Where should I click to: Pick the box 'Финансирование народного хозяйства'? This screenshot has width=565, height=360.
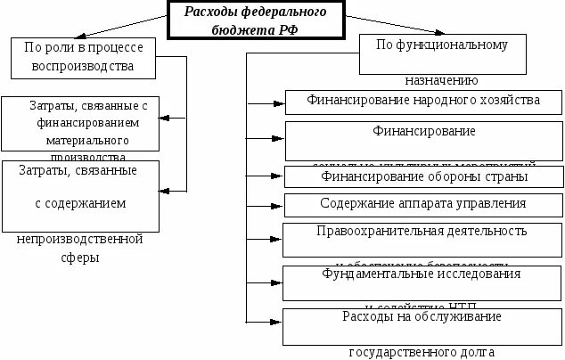click(423, 102)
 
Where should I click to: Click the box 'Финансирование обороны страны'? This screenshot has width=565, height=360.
click(423, 176)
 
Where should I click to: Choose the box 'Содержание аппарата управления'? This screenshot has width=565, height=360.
click(423, 204)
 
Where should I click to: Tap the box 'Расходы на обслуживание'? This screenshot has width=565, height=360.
click(422, 317)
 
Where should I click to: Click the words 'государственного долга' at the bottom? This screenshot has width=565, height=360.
click(422, 351)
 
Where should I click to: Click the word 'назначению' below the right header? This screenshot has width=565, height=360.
click(442, 79)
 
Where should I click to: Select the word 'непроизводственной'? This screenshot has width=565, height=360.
click(80, 239)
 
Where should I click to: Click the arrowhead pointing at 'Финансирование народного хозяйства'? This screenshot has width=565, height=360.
click(279, 102)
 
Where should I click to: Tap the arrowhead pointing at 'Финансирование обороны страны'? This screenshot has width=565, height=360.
click(279, 176)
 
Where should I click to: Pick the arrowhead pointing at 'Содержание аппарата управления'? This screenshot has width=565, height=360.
click(279, 205)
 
